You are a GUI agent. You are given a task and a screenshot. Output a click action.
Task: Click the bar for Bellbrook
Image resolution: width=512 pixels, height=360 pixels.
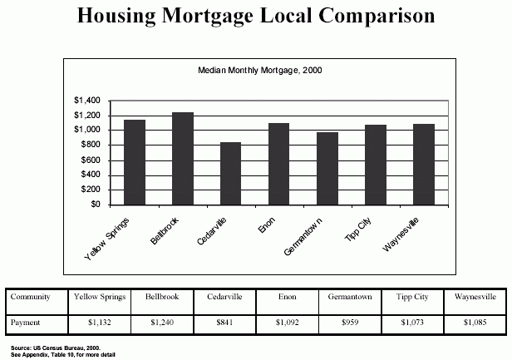[183, 158]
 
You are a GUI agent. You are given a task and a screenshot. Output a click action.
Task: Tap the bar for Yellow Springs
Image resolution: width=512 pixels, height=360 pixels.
[135, 162]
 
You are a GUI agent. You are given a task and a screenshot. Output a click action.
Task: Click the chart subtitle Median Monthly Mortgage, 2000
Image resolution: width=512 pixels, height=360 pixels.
[259, 71]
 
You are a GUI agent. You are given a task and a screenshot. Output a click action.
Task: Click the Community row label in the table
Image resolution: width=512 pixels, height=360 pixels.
[30, 296]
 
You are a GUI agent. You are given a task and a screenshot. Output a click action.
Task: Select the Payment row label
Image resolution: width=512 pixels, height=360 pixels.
[27, 321]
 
